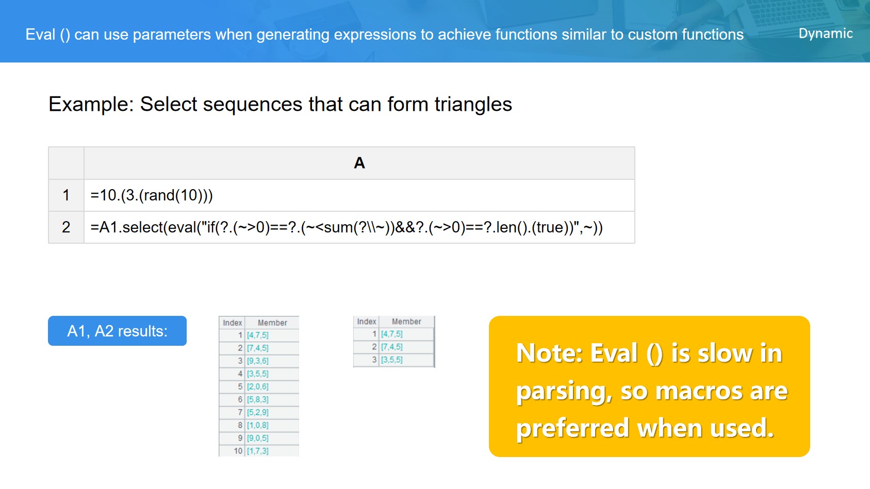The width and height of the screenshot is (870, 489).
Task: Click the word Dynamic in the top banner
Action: click(x=825, y=34)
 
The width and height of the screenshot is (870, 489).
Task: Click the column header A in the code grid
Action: click(x=359, y=163)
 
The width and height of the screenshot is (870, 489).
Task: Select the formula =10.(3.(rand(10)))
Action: click(x=152, y=195)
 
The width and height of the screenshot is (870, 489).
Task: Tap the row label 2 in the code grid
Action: click(x=66, y=227)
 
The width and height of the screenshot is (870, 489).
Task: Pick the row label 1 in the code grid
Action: click(x=66, y=195)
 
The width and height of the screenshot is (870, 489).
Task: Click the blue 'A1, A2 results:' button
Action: click(x=117, y=331)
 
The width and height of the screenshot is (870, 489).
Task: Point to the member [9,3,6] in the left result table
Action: click(x=257, y=361)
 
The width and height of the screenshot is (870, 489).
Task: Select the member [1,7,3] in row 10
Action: click(x=257, y=451)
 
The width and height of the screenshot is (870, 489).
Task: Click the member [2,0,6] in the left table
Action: click(x=257, y=386)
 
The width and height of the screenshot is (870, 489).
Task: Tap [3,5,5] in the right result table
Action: click(x=391, y=360)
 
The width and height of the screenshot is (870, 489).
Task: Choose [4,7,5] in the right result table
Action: click(x=391, y=334)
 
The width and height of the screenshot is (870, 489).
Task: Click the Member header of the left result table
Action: click(x=272, y=323)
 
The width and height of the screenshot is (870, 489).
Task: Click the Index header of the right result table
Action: click(x=367, y=322)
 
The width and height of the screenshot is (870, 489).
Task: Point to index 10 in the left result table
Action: click(x=238, y=451)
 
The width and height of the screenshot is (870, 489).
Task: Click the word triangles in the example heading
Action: click(x=473, y=104)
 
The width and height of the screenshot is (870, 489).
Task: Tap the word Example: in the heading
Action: click(x=91, y=104)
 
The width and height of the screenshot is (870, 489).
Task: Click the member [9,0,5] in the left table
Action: click(x=257, y=438)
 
